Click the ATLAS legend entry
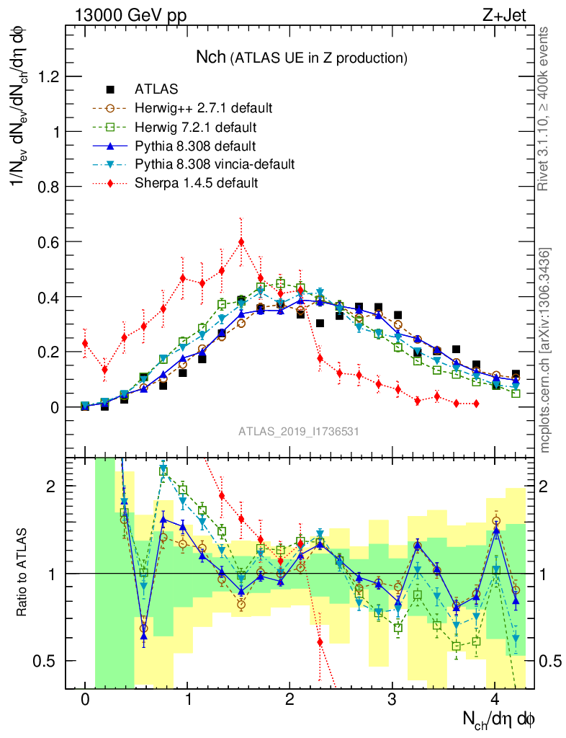[x=156, y=89]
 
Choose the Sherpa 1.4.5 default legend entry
[x=196, y=183]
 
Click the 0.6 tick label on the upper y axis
[x=45, y=242]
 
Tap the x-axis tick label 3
[x=392, y=699]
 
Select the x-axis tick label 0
[x=85, y=699]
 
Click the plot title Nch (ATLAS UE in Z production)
[x=302, y=56]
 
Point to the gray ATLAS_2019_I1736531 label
[x=299, y=431]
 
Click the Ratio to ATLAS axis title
[x=23, y=574]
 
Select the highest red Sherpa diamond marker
[x=241, y=242]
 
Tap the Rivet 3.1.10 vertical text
[x=545, y=108]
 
